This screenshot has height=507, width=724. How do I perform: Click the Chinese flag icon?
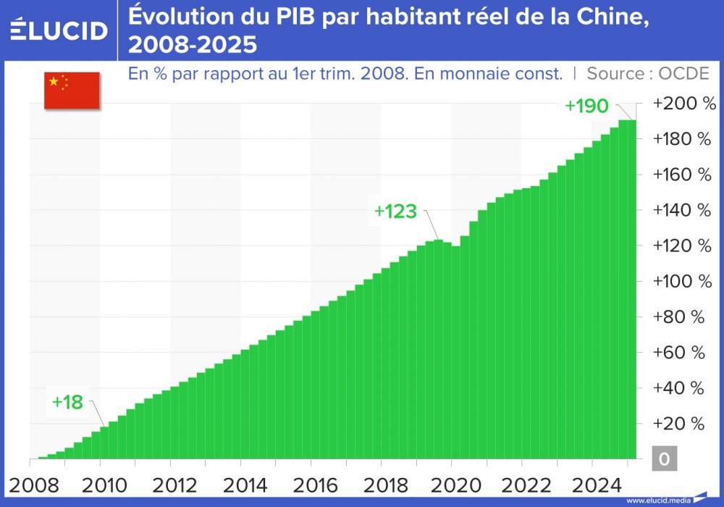click(72, 91)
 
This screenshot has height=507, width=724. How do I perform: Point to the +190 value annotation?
click(586, 106)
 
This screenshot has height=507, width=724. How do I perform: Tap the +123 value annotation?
click(395, 211)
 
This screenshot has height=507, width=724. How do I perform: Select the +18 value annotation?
click(67, 403)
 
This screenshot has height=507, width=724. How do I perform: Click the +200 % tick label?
click(683, 104)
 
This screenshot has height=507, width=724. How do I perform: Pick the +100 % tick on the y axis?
click(683, 281)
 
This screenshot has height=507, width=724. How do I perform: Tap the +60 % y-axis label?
click(678, 353)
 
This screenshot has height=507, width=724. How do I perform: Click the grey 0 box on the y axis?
click(664, 459)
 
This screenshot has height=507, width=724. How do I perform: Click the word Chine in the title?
click(606, 17)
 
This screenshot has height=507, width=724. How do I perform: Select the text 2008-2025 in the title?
click(193, 46)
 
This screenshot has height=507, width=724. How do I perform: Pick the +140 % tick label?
click(683, 210)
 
